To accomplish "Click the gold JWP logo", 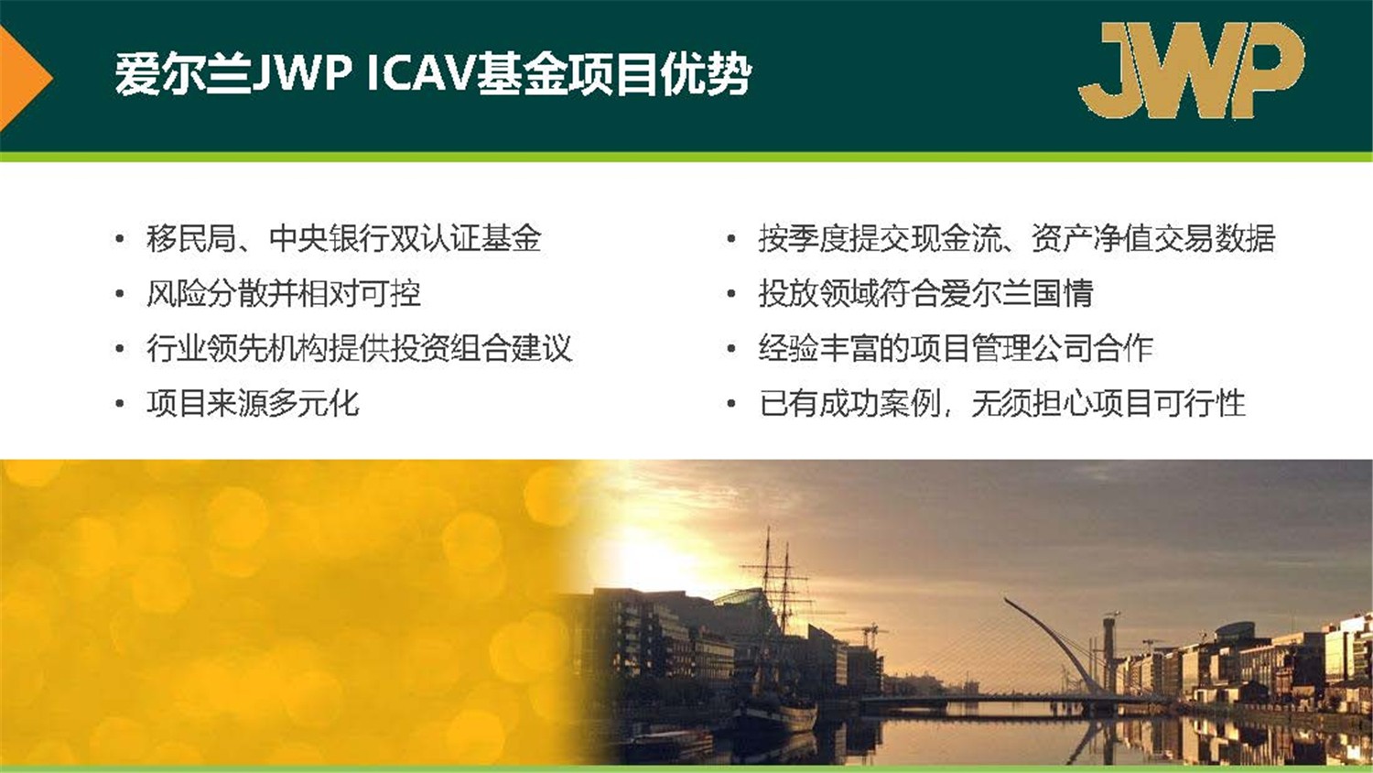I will click(1190, 71).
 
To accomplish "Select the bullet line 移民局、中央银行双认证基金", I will click(343, 239).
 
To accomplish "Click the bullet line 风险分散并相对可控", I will click(283, 294).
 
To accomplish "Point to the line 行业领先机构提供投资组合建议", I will click(359, 349).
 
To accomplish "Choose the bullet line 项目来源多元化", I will click(253, 404).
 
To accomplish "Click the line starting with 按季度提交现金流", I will click(1016, 239).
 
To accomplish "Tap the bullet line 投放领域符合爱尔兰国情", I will click(925, 294).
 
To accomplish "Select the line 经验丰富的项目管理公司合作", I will click(955, 349).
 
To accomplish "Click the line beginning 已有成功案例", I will click(1001, 404).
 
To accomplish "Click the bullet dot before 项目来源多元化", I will click(119, 405).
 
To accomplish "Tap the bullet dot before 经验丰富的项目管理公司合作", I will click(730, 350).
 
